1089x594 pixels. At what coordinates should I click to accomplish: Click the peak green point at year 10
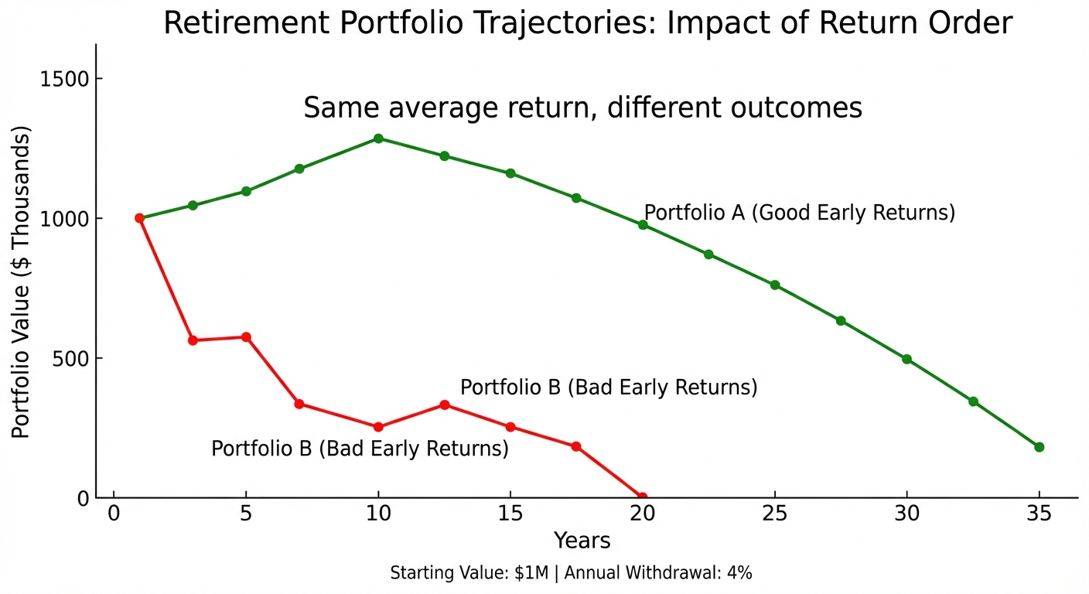(378, 138)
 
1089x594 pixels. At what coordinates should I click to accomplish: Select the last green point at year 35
(1039, 447)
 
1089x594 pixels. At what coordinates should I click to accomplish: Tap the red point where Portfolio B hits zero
(642, 497)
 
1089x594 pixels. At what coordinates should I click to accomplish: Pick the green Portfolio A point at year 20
(643, 225)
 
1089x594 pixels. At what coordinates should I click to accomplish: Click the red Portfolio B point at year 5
(246, 337)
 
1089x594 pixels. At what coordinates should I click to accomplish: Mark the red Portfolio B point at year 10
(378, 427)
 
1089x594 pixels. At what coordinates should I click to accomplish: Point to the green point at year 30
(906, 359)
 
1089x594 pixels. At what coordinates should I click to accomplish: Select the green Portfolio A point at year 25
(775, 285)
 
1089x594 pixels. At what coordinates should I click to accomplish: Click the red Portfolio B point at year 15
(510, 427)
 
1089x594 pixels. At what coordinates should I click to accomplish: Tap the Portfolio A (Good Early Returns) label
(800, 213)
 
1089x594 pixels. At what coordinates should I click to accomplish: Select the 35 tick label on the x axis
(1039, 514)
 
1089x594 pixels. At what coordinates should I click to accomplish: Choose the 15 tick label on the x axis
(510, 514)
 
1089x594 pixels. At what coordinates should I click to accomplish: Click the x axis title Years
(582, 541)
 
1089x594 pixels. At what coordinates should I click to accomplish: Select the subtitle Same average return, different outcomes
(582, 108)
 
